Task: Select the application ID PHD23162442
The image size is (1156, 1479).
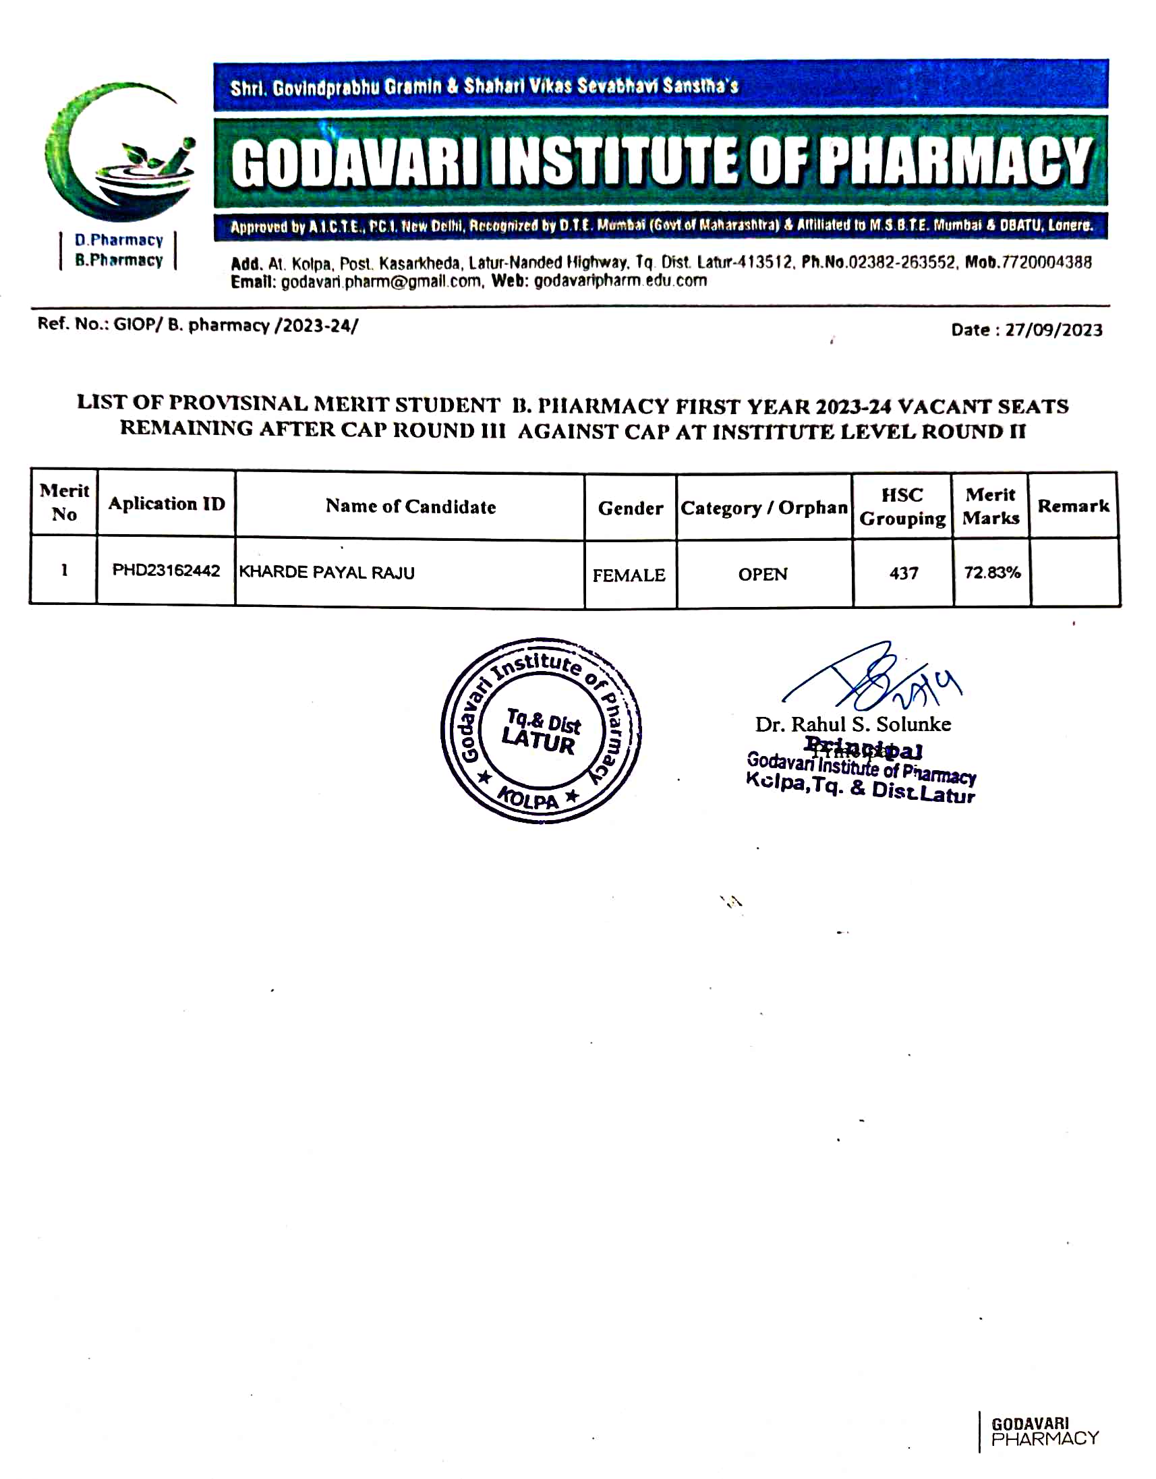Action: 166,570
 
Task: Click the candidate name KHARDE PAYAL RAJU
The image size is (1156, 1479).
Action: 326,572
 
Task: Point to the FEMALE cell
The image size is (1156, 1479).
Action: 629,575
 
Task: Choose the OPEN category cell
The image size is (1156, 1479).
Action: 763,574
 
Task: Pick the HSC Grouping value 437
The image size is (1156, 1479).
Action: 903,573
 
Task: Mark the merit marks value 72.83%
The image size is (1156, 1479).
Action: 992,572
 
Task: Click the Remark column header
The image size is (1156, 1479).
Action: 1073,506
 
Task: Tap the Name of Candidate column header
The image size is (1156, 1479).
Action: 410,506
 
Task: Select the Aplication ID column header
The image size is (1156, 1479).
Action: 166,504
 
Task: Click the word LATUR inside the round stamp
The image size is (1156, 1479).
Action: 538,742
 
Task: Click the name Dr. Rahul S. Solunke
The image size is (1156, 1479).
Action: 852,724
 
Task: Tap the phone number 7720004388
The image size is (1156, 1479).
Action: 1045,263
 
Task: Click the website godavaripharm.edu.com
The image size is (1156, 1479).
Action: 620,281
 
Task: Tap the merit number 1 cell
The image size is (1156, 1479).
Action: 64,570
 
